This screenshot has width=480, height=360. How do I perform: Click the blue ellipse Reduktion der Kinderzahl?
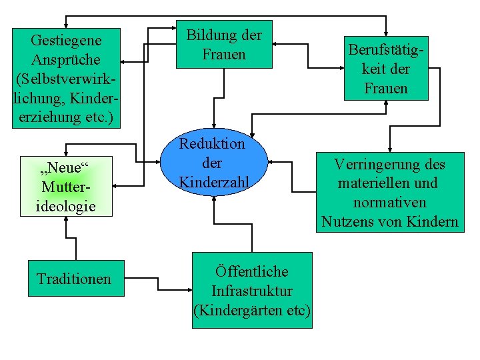point(213,163)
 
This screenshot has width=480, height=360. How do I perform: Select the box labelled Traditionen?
point(74,278)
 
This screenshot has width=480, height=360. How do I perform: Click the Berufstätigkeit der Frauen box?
point(386,69)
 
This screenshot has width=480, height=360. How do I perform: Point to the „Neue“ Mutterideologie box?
point(65,186)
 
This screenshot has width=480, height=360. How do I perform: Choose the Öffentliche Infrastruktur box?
point(252,291)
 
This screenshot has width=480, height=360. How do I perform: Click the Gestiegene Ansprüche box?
point(66,79)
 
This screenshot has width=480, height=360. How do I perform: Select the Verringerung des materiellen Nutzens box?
point(390,193)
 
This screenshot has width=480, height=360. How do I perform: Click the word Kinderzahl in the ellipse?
point(213,182)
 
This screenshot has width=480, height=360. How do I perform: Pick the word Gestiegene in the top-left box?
point(66,41)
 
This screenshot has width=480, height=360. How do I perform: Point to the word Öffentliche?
point(252,272)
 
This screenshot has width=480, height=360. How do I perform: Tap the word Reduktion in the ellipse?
point(213,143)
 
